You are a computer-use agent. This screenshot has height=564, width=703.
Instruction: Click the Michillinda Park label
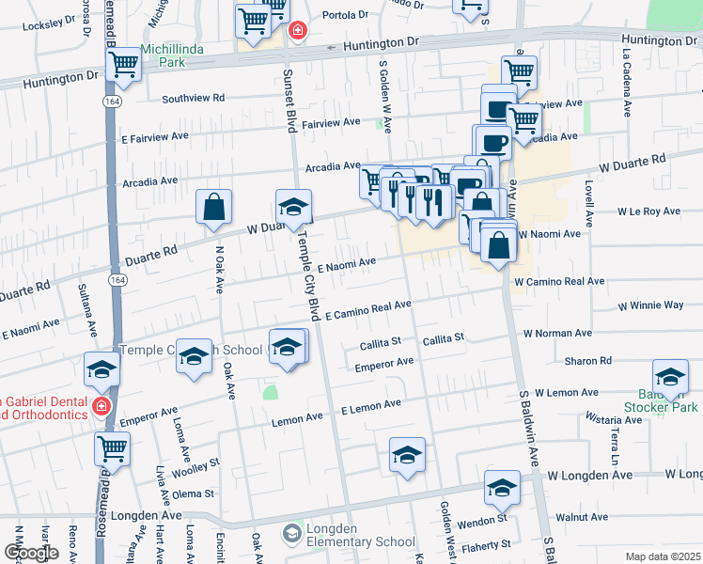click(x=165, y=55)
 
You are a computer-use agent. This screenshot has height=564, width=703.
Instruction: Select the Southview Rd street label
click(x=193, y=98)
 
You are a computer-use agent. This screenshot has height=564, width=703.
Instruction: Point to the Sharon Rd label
click(x=588, y=361)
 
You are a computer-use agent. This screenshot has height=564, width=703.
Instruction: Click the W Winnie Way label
click(x=650, y=305)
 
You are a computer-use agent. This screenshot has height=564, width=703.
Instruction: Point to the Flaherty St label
click(x=483, y=544)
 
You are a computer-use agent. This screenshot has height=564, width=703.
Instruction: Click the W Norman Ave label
click(x=557, y=333)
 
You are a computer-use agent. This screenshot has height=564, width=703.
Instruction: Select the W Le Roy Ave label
click(x=648, y=211)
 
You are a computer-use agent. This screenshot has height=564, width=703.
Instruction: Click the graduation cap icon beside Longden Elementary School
click(x=292, y=534)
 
